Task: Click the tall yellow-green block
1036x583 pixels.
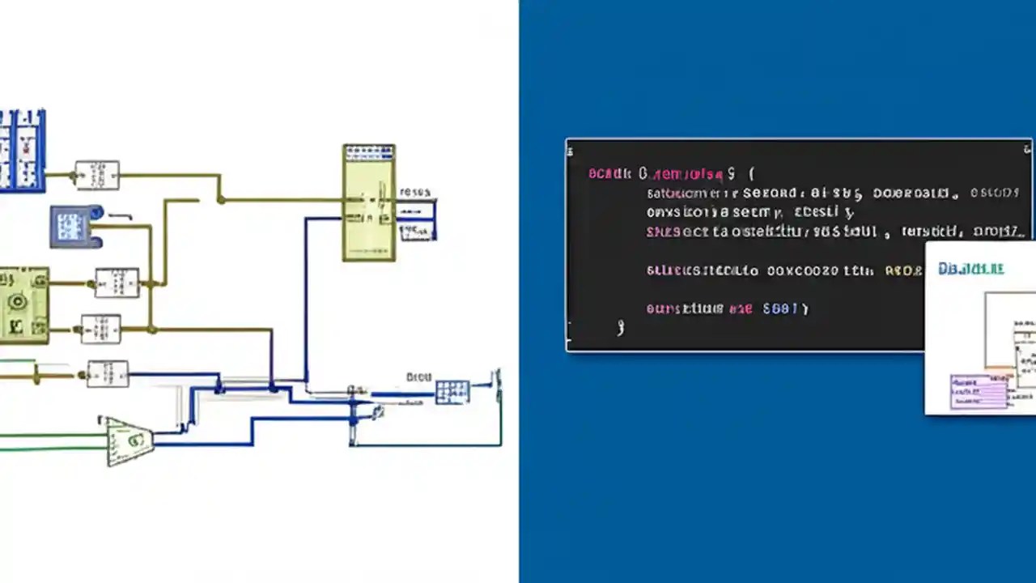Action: point(369,203)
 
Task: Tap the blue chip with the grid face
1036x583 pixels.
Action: point(74,226)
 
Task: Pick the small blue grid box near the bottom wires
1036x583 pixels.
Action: point(452,392)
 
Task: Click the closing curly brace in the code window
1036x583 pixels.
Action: point(621,327)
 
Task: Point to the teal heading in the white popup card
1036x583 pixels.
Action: point(971,268)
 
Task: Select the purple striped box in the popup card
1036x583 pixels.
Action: point(979,392)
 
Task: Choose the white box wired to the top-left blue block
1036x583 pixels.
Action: point(97,175)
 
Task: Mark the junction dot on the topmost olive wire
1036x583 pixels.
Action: point(220,199)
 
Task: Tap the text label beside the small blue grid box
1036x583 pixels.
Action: point(419,377)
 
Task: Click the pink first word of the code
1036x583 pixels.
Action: point(609,173)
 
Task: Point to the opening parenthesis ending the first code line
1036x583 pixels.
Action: point(751,173)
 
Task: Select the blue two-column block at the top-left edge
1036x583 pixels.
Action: point(21,151)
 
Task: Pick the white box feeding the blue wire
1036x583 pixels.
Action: point(108,374)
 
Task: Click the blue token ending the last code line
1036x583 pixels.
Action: point(783,309)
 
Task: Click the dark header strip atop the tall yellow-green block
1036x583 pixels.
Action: point(369,152)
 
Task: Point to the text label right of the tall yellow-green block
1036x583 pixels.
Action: point(415,193)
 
